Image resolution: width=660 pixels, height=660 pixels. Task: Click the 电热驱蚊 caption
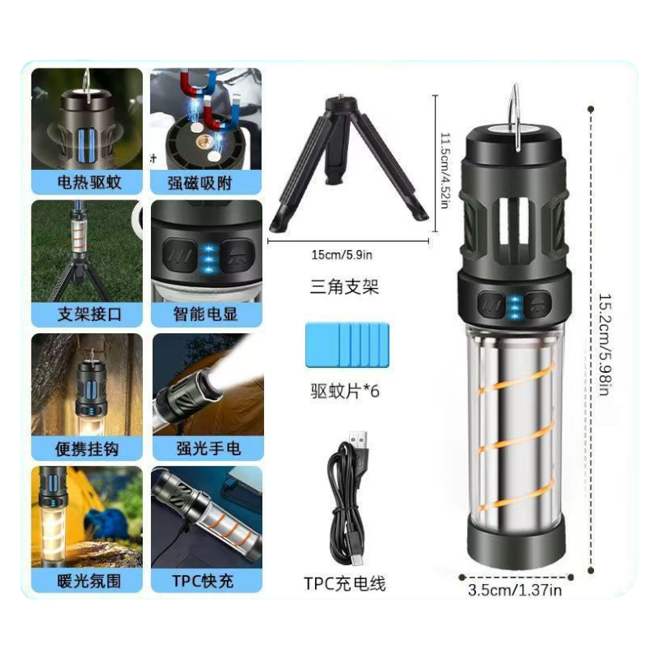[x=89, y=182]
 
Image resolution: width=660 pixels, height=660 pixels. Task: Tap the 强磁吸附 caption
[x=200, y=183]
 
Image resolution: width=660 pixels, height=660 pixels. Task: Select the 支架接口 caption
[x=89, y=314]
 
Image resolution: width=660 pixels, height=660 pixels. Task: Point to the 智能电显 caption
[x=205, y=314]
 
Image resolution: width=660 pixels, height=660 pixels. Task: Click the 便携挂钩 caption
[x=87, y=449]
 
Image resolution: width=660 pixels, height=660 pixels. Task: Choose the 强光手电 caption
[x=209, y=449]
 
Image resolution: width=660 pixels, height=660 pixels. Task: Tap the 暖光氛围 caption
[x=89, y=582]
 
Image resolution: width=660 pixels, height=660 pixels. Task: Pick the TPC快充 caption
[x=203, y=582]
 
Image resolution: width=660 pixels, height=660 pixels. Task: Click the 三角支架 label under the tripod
[x=344, y=287]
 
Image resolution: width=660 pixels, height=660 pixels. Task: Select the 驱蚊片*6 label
[x=345, y=391]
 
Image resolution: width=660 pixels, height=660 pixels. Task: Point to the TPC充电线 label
[x=344, y=584]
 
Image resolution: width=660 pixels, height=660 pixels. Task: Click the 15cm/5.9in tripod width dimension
[x=342, y=255]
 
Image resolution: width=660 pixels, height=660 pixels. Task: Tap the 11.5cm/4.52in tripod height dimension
[x=445, y=171]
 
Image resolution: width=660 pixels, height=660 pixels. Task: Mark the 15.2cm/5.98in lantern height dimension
[x=605, y=344]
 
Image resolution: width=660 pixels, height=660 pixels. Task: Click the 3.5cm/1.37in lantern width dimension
[x=515, y=590]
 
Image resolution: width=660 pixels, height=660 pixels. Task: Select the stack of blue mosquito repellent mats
[x=347, y=345]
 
